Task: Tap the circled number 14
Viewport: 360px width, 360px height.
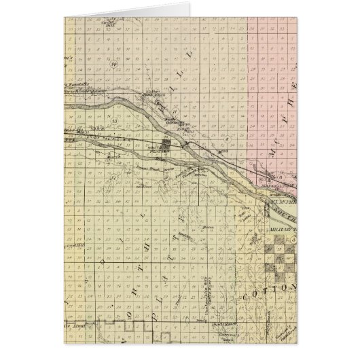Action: pyautogui.click(x=115, y=65)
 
